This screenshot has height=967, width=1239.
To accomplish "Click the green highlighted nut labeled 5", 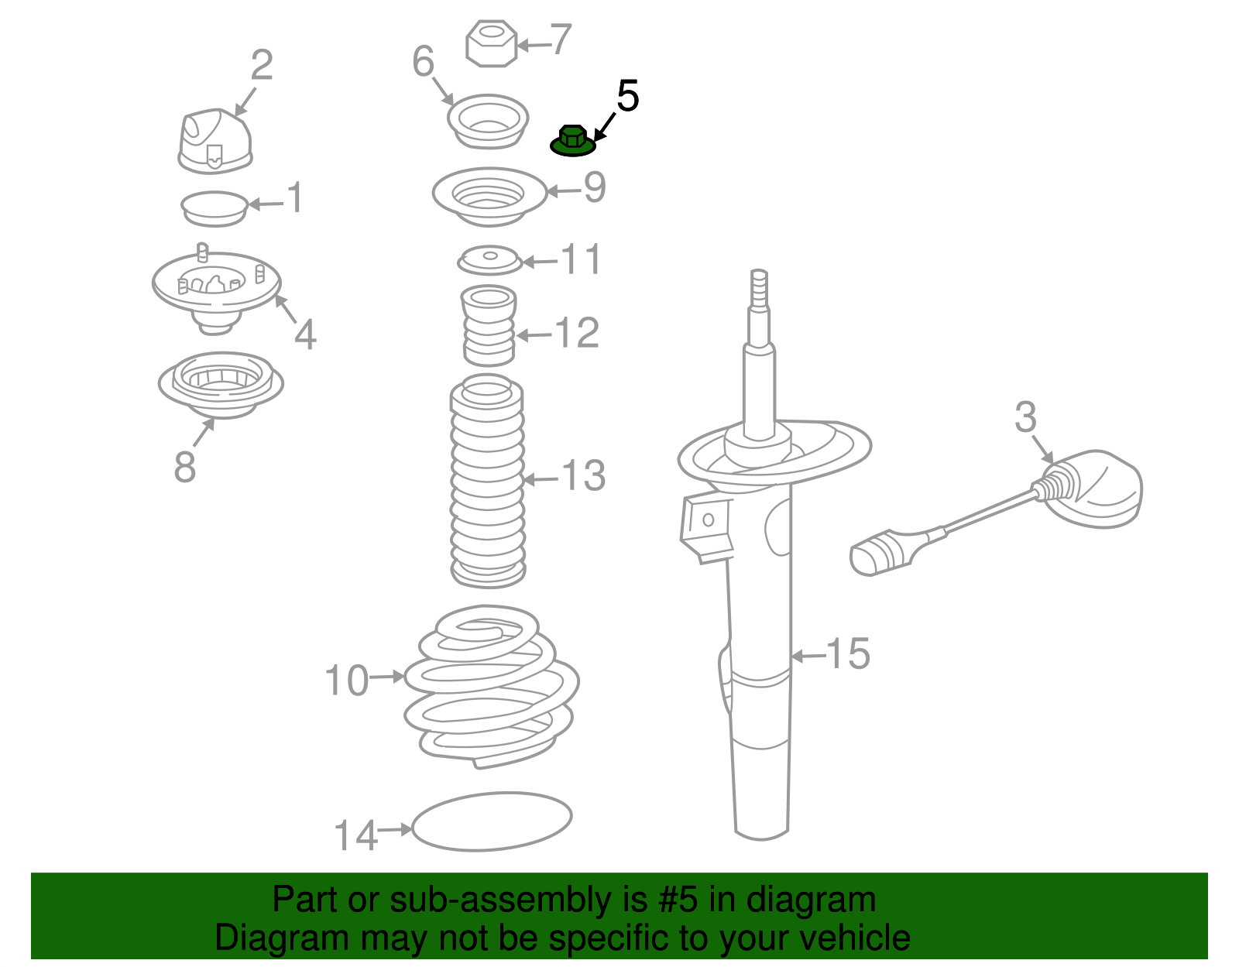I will (x=571, y=141).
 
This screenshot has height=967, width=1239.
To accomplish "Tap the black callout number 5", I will (x=627, y=97).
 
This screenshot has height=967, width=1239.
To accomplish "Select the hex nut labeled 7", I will (x=492, y=43).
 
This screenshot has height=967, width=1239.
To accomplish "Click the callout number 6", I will (x=423, y=61).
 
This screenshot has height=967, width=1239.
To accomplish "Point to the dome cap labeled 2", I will (x=215, y=141).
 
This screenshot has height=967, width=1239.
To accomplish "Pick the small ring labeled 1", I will (x=215, y=208).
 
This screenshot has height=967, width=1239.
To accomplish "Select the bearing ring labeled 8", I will (x=221, y=383).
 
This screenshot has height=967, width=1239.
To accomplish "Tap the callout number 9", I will (x=595, y=187).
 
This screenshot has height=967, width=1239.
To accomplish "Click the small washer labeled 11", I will (x=489, y=260).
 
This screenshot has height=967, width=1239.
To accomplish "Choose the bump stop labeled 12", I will (x=489, y=325).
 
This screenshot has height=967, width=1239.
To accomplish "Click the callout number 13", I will (x=583, y=475).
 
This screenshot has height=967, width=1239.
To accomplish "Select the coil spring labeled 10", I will (x=490, y=685).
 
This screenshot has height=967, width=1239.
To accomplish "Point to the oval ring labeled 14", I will (x=492, y=821).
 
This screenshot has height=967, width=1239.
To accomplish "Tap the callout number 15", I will (x=848, y=654).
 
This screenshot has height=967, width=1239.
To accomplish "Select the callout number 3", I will (x=1025, y=418).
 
